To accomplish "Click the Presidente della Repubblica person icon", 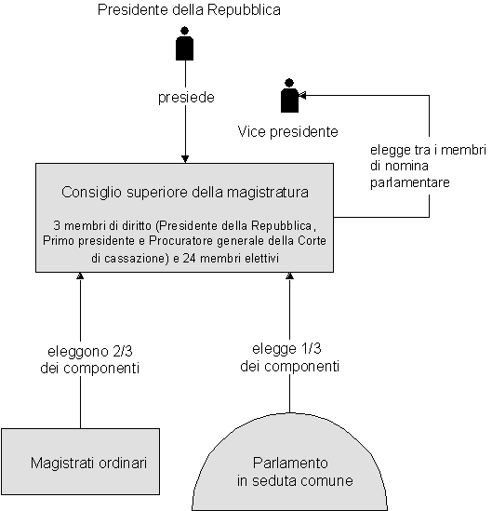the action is [x=185, y=44].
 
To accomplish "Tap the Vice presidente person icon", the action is [x=289, y=96].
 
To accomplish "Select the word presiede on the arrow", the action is [x=186, y=98].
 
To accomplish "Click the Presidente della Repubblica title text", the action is [x=189, y=10].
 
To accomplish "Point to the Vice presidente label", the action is [x=287, y=131].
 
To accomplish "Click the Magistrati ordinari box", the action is [x=80, y=462].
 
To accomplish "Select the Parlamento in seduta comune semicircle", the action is [x=290, y=462].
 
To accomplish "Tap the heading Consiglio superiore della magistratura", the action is [x=185, y=192].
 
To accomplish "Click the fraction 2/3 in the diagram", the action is [x=123, y=351].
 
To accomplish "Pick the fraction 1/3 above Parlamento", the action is [x=312, y=348].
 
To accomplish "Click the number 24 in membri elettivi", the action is [x=189, y=258].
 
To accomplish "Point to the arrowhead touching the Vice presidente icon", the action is [x=302, y=95].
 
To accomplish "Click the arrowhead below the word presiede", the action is [x=185, y=159].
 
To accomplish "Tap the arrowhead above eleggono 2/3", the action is [x=80, y=276].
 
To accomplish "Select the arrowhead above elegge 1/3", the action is [x=290, y=276].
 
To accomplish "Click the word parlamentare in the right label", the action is [x=410, y=182].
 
